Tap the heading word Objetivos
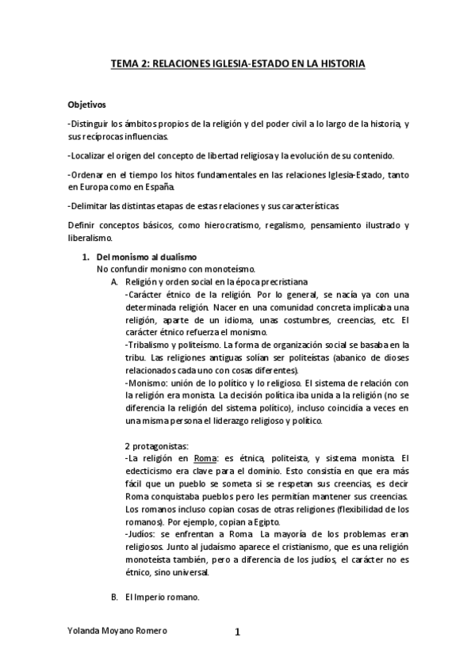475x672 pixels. (x=86, y=105)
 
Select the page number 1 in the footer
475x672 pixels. (x=237, y=632)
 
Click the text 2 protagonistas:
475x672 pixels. (x=156, y=447)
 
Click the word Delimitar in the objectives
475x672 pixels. (x=91, y=206)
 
